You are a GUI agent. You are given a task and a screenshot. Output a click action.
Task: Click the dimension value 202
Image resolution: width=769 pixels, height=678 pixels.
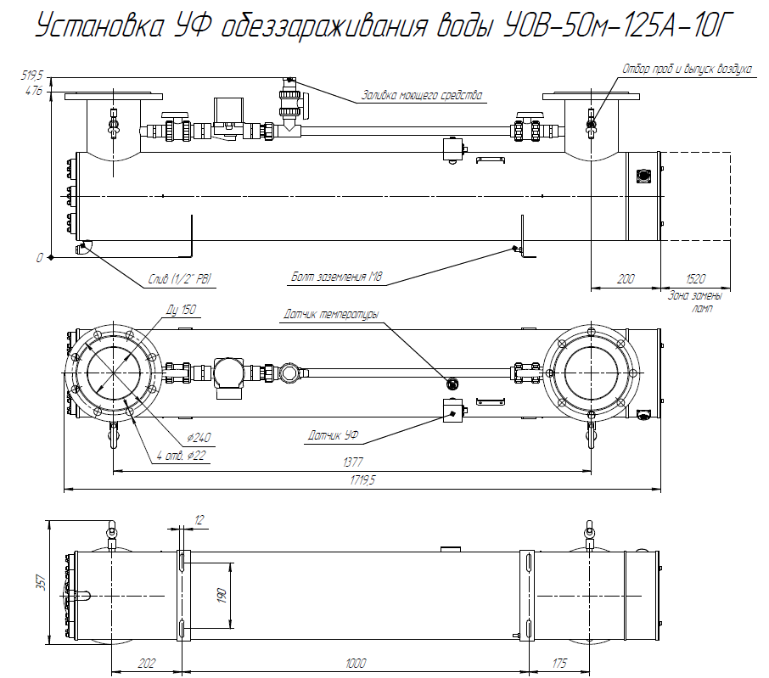tap(147, 663)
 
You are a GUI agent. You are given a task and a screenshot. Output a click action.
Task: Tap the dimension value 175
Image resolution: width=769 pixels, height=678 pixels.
tap(558, 663)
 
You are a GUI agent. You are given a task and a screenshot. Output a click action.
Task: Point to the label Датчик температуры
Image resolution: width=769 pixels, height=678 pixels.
tap(330, 315)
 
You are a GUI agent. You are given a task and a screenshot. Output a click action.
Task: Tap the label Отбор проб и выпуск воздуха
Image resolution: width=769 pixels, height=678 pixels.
tap(687, 69)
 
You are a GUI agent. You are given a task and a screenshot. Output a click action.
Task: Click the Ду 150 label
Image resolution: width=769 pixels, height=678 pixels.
tap(182, 311)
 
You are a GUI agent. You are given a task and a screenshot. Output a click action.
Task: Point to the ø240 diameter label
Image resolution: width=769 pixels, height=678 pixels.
tap(199, 438)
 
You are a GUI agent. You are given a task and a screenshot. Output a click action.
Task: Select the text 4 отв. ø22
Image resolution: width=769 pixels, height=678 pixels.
tap(181, 456)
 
